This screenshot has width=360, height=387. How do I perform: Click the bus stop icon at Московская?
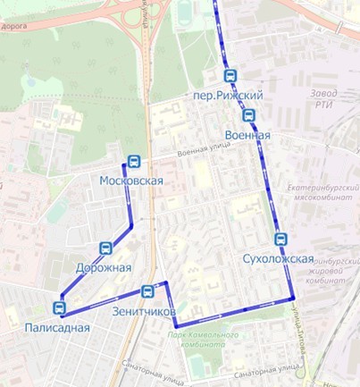(x=134, y=162)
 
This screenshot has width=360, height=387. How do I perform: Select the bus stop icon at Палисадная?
(x=60, y=308)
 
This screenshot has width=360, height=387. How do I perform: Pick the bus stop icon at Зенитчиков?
(x=147, y=291)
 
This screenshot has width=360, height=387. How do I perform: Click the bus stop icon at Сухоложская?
(x=281, y=240)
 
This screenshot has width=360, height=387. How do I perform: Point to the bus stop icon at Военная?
(x=248, y=115)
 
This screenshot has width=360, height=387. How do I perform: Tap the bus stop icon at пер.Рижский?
(x=230, y=76)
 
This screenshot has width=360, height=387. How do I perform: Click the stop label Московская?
(x=131, y=181)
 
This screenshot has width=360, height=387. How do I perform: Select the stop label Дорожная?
(x=104, y=267)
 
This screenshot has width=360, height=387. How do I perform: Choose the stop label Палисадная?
(x=58, y=327)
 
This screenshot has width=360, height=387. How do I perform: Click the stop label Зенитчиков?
(x=145, y=312)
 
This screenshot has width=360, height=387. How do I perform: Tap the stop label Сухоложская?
(x=278, y=259)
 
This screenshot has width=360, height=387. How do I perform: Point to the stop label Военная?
(x=247, y=135)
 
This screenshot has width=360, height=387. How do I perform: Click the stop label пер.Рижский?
(x=228, y=96)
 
